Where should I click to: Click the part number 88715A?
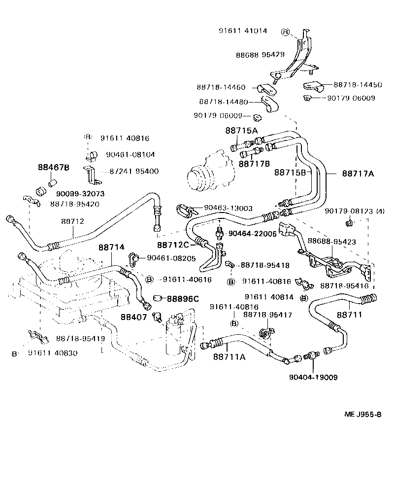pos(241,131)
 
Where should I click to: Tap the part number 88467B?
pos(53,168)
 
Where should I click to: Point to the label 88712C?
pos(173,245)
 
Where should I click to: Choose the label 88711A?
pos(229,356)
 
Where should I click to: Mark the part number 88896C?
pos(182,298)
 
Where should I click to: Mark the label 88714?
pos(111,247)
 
